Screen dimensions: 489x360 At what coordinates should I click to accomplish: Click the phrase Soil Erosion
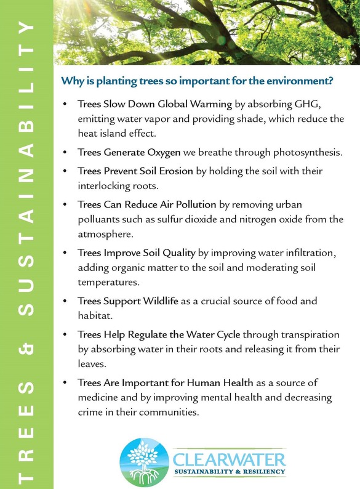pos(163,171)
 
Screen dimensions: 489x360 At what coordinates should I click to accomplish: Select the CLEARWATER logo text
pos(229,459)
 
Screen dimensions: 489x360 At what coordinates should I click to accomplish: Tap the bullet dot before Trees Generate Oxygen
pos(65,152)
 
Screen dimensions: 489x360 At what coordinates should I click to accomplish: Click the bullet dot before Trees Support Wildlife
pos(65,302)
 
